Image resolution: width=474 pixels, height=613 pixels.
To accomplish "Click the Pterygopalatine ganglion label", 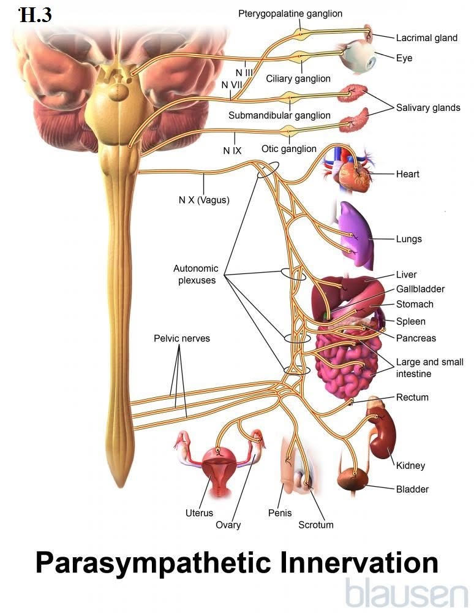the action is click(290, 13).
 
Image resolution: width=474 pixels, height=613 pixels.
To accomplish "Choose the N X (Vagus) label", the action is click(204, 200).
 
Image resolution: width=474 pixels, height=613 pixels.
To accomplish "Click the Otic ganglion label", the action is click(289, 149).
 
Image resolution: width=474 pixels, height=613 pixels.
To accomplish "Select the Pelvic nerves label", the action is click(181, 338).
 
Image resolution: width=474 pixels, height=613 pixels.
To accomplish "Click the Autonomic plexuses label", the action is click(196, 275).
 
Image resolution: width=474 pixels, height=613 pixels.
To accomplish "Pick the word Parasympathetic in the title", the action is click(153, 563).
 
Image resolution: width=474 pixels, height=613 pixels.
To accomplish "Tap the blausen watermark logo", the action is click(407, 593).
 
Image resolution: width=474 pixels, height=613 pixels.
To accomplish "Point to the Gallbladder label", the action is click(420, 289).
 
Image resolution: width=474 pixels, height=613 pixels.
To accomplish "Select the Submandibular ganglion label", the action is click(279, 115).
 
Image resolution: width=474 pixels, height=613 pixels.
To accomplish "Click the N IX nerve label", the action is click(232, 151).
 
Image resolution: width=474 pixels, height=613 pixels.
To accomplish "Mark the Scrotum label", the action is click(316, 525).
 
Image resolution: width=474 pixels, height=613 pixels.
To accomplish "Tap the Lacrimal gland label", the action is click(427, 38).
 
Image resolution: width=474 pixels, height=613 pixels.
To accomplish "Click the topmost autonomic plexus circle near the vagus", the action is click(268, 170).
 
